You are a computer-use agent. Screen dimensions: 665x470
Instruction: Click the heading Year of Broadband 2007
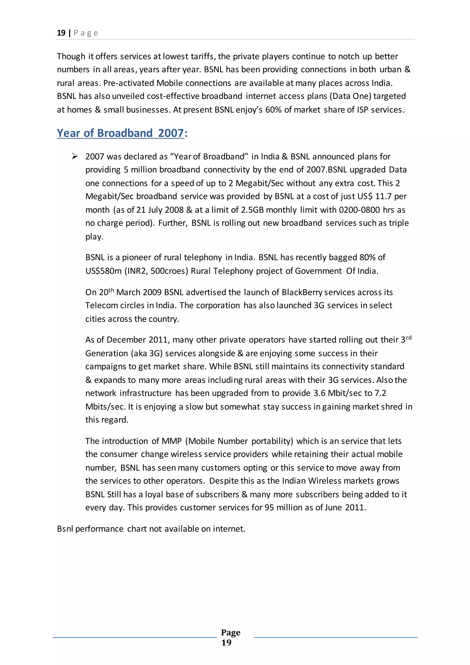(x=120, y=133)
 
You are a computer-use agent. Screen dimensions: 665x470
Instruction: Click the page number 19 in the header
(x=61, y=33)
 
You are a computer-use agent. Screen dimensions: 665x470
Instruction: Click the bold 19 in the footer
(x=226, y=642)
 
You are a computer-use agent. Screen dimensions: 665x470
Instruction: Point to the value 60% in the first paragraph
(x=273, y=110)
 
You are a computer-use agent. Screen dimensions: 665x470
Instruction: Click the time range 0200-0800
(x=359, y=210)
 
